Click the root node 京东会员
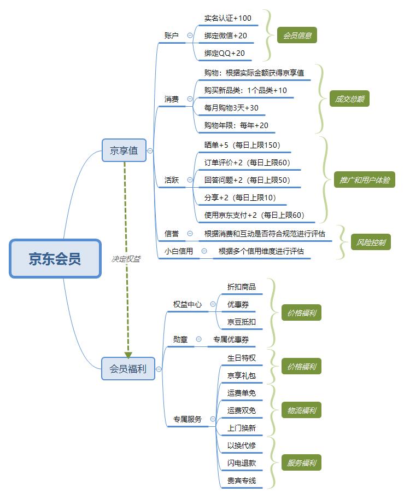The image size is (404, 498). pyautogui.click(x=55, y=258)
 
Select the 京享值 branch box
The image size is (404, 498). pyautogui.click(x=124, y=150)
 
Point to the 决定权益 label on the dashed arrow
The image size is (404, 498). pyautogui.click(x=126, y=259)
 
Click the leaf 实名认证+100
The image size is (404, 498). pyautogui.click(x=228, y=18)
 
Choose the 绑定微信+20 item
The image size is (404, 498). pyautogui.click(x=226, y=36)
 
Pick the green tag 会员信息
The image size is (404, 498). pyautogui.click(x=297, y=36)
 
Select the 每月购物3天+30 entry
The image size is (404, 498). pyautogui.click(x=231, y=108)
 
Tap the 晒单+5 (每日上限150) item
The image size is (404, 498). pyautogui.click(x=242, y=145)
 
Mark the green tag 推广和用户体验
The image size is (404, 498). pyautogui.click(x=364, y=179)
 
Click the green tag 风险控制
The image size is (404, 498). pyautogui.click(x=371, y=242)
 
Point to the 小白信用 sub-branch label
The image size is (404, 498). pyautogui.click(x=179, y=251)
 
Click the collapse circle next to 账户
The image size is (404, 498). pyautogui.click(x=190, y=36)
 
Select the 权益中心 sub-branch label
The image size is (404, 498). pyautogui.click(x=188, y=304)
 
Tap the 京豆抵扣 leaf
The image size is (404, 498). pyautogui.click(x=242, y=322)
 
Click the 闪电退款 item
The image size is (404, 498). pyautogui.click(x=242, y=463)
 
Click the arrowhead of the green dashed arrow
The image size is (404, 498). pyautogui.click(x=128, y=355)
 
